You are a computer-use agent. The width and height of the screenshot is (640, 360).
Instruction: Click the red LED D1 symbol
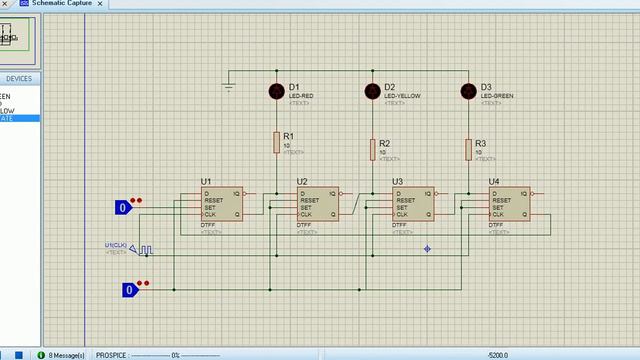pyautogui.click(x=277, y=92)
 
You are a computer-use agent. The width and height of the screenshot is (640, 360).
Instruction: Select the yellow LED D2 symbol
pyautogui.click(x=372, y=92)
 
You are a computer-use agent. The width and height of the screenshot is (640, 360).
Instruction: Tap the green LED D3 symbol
pyautogui.click(x=467, y=92)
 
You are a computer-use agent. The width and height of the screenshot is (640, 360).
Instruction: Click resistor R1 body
pyautogui.click(x=277, y=143)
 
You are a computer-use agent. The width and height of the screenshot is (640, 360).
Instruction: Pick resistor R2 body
pyautogui.click(x=372, y=150)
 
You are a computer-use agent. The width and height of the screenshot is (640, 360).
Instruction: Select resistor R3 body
pyautogui.click(x=467, y=150)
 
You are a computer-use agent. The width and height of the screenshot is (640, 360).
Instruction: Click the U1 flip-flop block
pyautogui.click(x=221, y=204)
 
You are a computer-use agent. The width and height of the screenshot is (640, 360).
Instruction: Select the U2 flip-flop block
pyautogui.click(x=317, y=204)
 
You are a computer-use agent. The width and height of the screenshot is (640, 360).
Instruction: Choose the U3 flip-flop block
pyautogui.click(x=413, y=204)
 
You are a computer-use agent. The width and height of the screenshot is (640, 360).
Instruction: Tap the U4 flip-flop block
pyautogui.click(x=509, y=204)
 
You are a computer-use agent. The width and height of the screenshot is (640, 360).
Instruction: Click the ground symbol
pyautogui.click(x=229, y=88)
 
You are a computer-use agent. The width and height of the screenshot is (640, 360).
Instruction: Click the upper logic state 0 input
pyautogui.click(x=122, y=208)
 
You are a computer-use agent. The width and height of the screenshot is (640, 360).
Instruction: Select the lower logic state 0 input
pyautogui.click(x=128, y=290)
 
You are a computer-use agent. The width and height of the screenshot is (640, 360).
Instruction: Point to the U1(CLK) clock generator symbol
pyautogui.click(x=144, y=250)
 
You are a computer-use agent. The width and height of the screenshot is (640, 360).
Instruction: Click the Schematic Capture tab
pyautogui.click(x=67, y=4)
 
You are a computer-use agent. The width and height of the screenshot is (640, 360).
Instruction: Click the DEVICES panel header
pyautogui.click(x=19, y=79)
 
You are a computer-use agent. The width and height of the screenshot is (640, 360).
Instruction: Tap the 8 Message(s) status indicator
pyautogui.click(x=65, y=354)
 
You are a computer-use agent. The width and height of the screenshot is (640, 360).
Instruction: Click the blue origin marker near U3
pyautogui.click(x=427, y=248)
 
